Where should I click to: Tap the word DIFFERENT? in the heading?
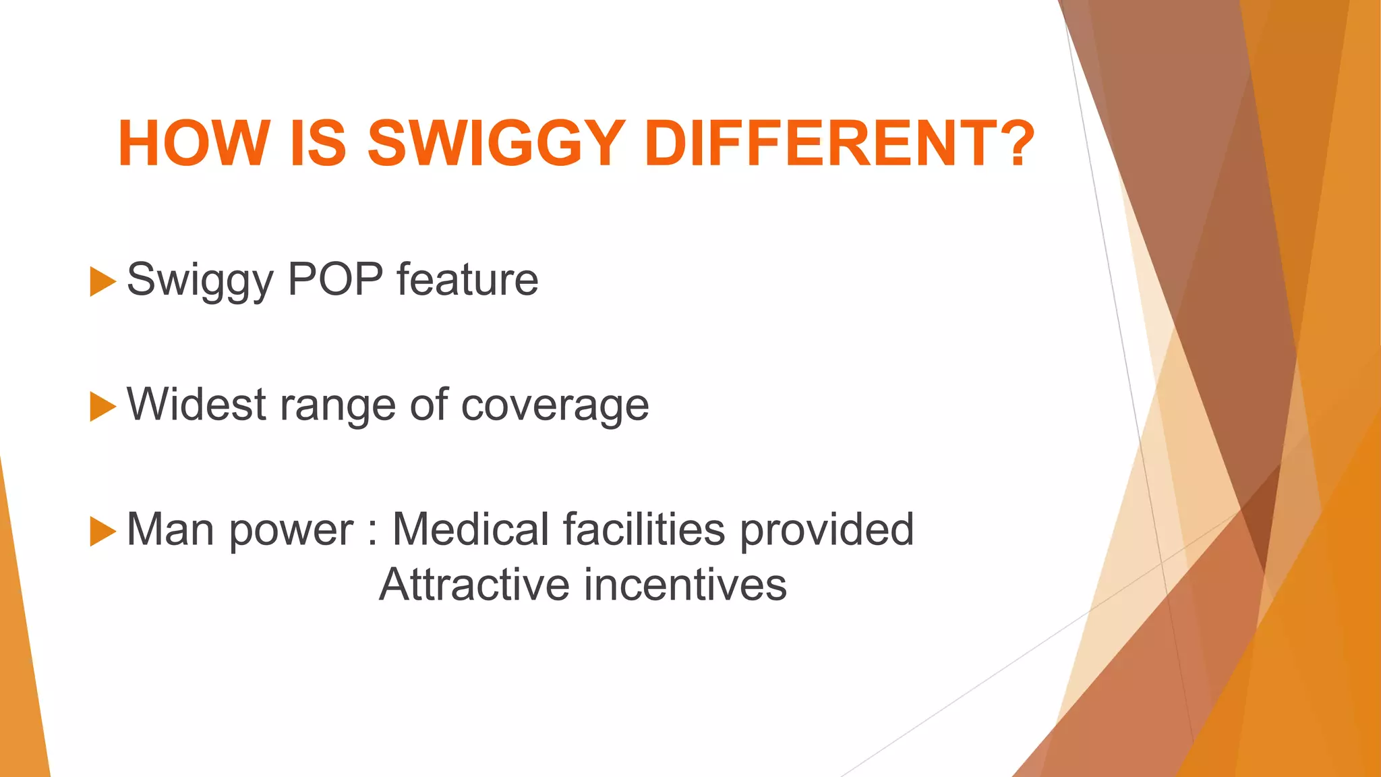coord(839,143)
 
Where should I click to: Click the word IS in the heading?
coord(318,143)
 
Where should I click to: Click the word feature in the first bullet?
coord(467,280)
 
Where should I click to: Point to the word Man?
coord(172,529)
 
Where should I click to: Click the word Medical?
coord(471,529)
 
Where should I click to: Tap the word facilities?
coord(644,529)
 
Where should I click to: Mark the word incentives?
coord(685,584)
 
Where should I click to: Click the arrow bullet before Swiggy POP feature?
coord(102,282)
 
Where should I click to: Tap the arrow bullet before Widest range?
coord(102,407)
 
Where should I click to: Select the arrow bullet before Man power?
coord(102,531)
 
